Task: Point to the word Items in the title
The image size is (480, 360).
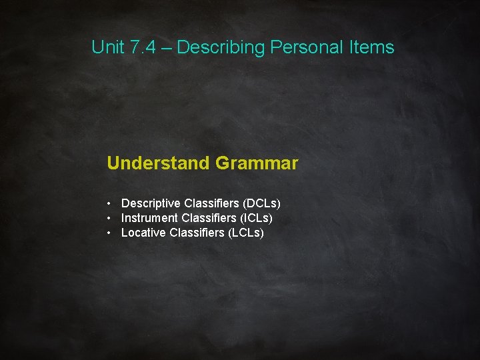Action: (372, 47)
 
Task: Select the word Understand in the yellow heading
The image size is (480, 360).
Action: (158, 163)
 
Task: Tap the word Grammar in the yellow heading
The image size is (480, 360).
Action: (257, 163)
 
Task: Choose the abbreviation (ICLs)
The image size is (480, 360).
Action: (254, 218)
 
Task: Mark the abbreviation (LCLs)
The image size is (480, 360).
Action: (246, 233)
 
